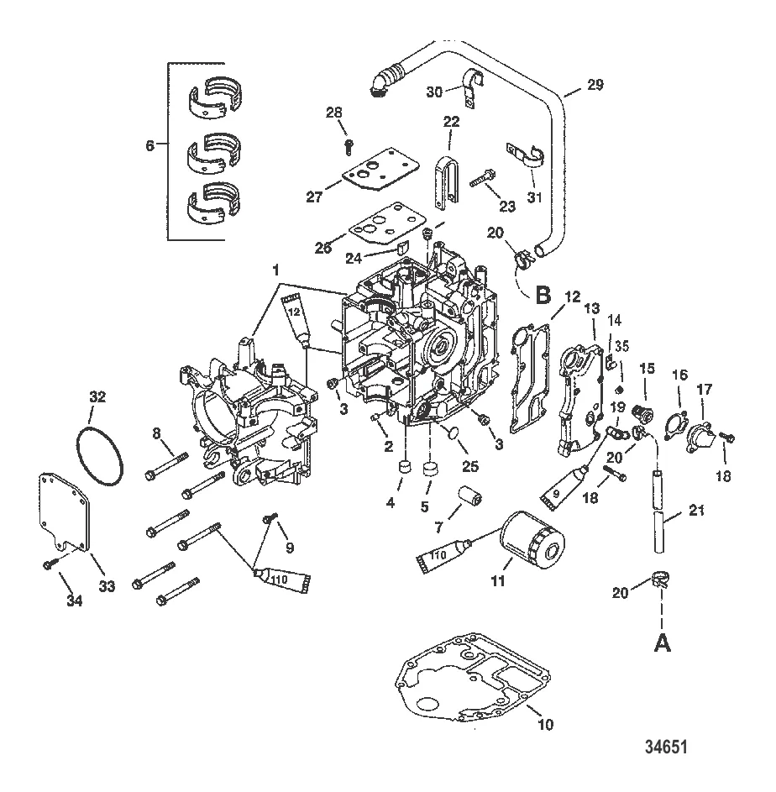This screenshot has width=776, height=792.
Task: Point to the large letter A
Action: tap(662, 643)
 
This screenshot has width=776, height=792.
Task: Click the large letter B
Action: tap(543, 295)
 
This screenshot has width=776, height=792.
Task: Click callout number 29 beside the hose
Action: tap(595, 84)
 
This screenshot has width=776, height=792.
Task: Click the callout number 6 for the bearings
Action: tap(150, 146)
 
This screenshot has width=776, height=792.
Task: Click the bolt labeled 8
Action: tap(166, 465)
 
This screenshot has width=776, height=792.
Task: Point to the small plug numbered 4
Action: tap(406, 466)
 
